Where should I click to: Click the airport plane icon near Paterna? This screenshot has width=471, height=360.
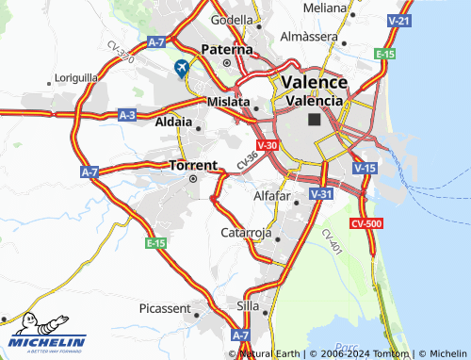[180, 68]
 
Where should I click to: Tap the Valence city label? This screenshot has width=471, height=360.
[314, 82]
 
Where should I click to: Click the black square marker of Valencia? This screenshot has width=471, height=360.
[314, 121]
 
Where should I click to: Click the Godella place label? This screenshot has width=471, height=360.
[233, 20]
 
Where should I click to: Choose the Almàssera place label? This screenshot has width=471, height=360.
[309, 36]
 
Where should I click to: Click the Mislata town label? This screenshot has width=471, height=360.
[229, 101]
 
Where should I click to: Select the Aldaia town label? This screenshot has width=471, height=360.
[173, 123]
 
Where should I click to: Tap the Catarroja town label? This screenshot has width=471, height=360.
[246, 232]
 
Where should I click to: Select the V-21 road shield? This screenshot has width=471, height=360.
[399, 21]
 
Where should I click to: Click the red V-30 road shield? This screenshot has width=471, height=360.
[268, 144]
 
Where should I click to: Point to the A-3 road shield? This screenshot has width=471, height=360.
[128, 114]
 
